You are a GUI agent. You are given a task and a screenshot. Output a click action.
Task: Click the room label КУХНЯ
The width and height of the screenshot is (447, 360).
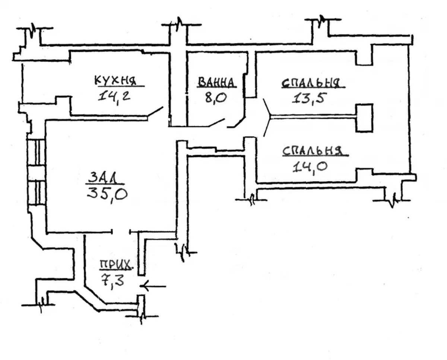[x=115, y=80]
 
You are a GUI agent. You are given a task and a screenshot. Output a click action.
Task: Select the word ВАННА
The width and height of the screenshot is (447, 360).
[x=217, y=82]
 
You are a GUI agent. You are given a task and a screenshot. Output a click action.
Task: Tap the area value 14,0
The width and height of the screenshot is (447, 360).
[x=310, y=166]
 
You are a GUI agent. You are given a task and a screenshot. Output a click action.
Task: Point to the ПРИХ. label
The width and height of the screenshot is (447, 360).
[x=115, y=265]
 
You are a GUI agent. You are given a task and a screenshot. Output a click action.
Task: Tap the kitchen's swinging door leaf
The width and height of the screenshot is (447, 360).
[x=155, y=113]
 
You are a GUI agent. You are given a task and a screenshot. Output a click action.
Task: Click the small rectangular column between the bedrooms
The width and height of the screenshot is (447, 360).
[x=364, y=118]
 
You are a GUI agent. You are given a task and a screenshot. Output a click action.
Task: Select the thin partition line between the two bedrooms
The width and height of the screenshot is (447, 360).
[x=313, y=117]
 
